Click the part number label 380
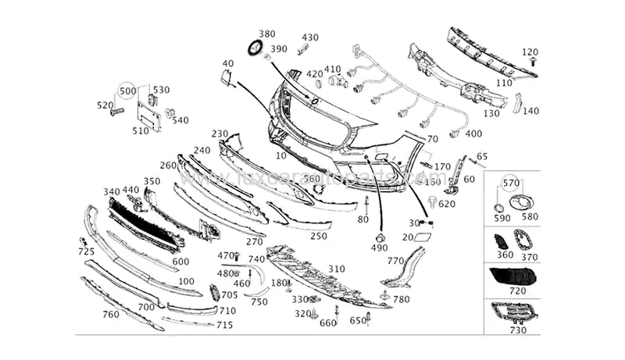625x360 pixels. coord(267,34)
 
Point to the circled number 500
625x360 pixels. coord(128,91)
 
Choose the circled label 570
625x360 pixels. coord(511,182)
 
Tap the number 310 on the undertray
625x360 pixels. coord(336,269)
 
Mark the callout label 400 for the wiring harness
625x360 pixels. coord(473,134)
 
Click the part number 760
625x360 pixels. coord(111,315)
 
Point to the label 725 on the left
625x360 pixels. coord(86,251)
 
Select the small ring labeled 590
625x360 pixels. coord(497,209)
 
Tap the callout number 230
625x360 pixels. coord(220,134)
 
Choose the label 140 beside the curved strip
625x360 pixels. coord(531,111)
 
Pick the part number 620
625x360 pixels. coord(447,205)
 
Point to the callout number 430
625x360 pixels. coord(310,37)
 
